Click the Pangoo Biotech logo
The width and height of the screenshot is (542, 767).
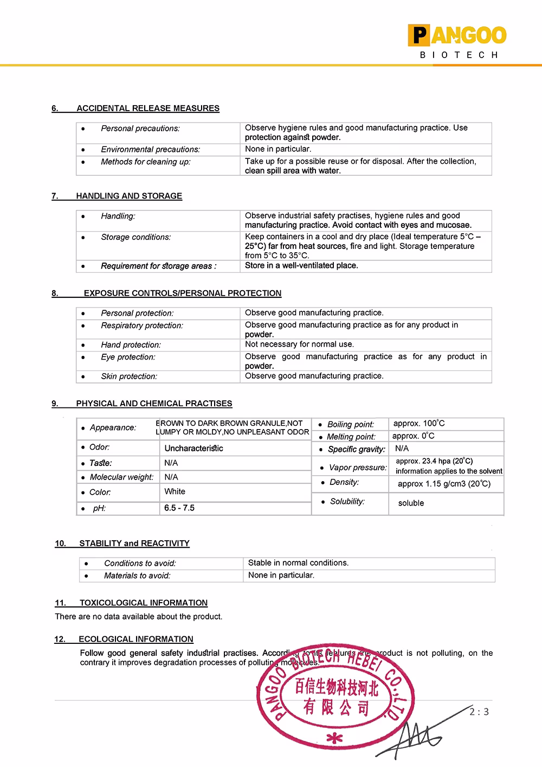[458, 41]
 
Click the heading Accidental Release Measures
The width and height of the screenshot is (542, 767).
[147, 108]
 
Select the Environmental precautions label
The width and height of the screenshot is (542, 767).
[150, 149]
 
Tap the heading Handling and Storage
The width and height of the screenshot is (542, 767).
[129, 196]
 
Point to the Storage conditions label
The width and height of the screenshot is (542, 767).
[135, 237]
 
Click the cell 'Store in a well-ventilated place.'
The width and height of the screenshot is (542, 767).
[301, 266]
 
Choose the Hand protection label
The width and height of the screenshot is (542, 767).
[131, 345]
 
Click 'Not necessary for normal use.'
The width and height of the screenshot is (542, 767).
[299, 344]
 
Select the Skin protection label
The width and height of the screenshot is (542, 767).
[129, 376]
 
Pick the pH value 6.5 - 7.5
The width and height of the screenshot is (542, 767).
[179, 508]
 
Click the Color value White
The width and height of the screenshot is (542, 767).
[175, 491]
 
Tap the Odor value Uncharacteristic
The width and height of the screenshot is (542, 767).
[193, 449]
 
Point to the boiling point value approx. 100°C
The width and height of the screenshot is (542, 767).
[419, 424]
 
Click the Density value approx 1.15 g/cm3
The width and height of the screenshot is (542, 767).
[444, 484]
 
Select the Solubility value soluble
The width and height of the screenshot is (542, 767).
[411, 503]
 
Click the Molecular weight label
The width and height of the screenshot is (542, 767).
[121, 477]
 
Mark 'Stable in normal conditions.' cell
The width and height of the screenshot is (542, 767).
[298, 563]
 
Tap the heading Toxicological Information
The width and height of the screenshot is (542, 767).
[143, 603]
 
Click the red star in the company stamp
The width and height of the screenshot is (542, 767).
[334, 738]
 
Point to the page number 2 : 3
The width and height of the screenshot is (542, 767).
[479, 712]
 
